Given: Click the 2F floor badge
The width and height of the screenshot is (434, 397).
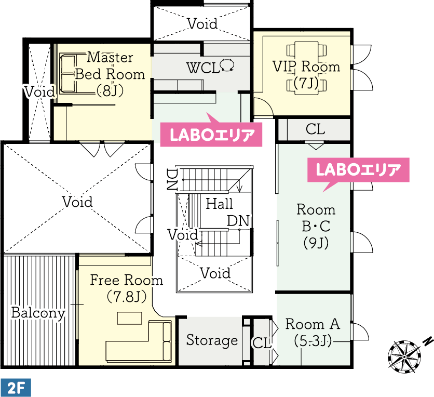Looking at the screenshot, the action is point(16,388).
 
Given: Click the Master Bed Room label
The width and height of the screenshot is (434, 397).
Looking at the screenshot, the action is point(110,74).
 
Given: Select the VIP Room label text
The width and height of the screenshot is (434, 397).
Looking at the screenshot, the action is point(306,67).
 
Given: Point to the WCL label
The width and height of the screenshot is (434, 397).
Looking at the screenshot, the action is point(204,68).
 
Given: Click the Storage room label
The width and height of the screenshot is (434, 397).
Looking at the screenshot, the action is point(212,340).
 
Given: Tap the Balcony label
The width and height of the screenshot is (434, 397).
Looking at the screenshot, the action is point(38,313).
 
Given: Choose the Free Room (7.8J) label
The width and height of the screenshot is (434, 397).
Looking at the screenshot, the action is point(127,288).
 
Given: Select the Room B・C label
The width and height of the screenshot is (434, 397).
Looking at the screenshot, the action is point(316,226).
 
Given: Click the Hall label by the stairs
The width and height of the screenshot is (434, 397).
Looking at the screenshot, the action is point(219,204).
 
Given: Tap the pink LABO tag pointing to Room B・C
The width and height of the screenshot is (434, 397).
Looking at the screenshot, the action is point(358,173).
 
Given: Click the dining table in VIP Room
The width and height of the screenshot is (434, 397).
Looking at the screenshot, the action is point(306,68).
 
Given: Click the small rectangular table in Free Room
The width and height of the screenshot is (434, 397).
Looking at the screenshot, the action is point(130,318).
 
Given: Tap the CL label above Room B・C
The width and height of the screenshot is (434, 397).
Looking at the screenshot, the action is point(315,129).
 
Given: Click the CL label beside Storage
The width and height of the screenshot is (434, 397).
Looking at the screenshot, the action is point(261,343).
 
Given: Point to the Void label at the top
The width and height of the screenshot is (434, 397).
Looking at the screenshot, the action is point(202,24).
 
